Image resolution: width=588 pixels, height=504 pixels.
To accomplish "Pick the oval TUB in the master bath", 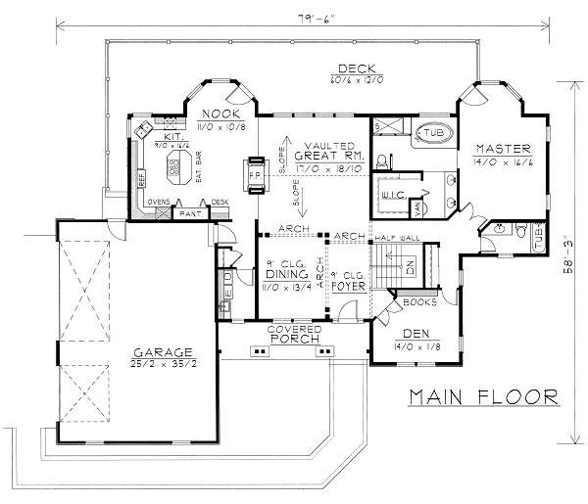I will pos(431,133).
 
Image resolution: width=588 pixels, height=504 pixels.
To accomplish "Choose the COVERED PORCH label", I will pos(295,336).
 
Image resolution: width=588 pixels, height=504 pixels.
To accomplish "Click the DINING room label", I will pos(287,275).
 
